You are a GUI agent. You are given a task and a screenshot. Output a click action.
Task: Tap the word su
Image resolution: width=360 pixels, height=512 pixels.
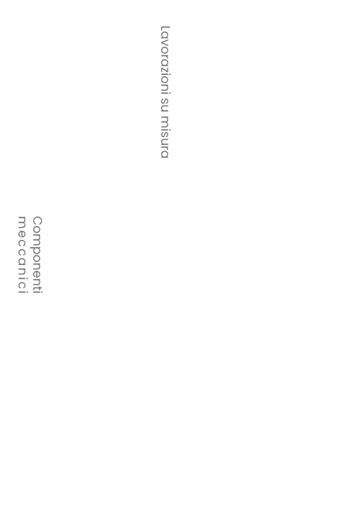tap(164, 104)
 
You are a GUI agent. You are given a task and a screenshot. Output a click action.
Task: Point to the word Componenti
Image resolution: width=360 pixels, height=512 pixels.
tap(37, 255)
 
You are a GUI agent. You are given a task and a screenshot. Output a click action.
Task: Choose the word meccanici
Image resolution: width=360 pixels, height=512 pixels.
tap(22, 255)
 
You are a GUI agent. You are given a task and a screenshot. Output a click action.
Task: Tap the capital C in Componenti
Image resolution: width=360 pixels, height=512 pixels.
tap(37, 220)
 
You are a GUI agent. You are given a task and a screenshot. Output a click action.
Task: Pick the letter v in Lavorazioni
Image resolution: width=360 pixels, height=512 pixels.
tap(164, 43)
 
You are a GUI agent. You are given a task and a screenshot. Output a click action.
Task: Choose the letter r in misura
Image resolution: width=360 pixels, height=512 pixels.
tap(164, 148)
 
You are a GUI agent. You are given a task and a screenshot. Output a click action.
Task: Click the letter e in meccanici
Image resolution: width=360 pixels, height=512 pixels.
tap(22, 235)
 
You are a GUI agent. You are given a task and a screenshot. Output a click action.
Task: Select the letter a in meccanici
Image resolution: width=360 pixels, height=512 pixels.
tap(22, 263)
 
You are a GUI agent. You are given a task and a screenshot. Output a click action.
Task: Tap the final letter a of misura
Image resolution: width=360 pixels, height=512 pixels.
tap(164, 155)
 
